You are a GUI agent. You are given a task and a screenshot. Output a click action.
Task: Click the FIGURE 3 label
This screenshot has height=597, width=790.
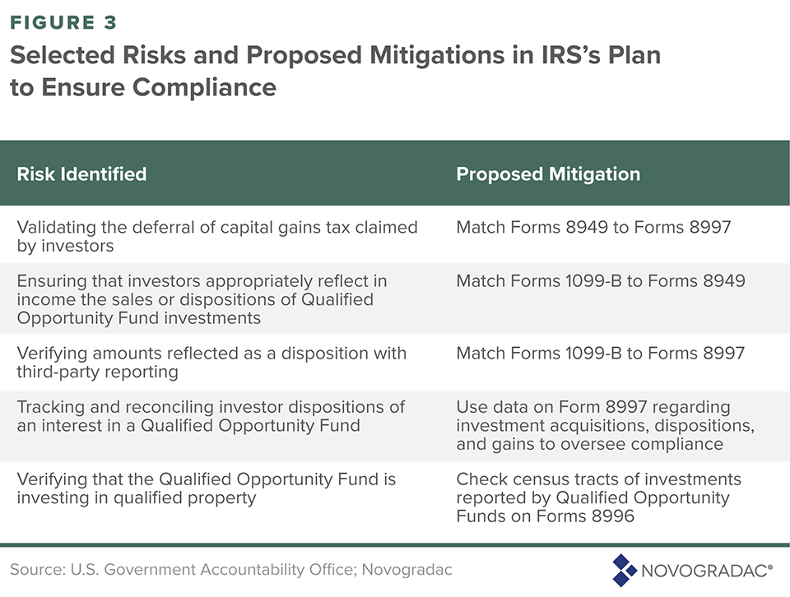63,23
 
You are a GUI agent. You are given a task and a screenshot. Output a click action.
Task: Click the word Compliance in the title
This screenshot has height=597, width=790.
204,87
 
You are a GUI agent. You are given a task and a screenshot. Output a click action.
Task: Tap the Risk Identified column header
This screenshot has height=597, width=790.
81,174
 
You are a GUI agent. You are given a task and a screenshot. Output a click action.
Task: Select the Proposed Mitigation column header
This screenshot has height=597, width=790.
548,174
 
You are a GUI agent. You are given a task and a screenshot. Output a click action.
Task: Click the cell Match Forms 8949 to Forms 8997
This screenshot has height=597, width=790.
593,227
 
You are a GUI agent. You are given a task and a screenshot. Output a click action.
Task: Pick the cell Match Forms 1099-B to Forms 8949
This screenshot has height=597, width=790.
601,281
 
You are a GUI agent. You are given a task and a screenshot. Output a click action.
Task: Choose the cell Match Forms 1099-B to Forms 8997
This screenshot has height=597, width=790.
601,354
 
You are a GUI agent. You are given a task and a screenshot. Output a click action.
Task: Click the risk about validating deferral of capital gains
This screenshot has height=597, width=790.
217,237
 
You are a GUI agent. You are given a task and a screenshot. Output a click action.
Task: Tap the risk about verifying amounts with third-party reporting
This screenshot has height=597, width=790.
211,363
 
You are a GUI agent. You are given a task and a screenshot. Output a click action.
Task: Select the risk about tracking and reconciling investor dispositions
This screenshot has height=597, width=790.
211,416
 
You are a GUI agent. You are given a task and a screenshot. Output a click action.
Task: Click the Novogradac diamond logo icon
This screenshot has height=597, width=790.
625,571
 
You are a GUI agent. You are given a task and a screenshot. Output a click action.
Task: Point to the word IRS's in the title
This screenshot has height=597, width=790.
571,55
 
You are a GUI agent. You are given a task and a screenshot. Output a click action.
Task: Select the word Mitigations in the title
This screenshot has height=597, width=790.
437,55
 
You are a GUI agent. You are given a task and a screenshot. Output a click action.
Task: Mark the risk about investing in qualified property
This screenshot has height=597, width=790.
206,488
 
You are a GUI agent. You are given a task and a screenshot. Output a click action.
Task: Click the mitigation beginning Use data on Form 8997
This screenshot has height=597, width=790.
606,425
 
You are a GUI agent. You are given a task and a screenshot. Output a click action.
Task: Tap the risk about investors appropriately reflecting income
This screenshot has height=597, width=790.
202,299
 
